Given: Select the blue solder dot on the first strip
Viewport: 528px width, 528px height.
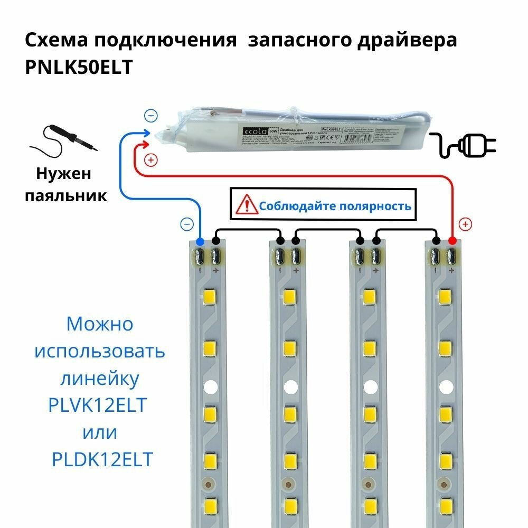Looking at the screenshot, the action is pyautogui.click(x=200, y=241).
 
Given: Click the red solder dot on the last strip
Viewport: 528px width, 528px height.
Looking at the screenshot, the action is pyautogui.click(x=452, y=241).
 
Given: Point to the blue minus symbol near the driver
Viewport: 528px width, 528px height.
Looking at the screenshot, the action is pyautogui.click(x=150, y=115).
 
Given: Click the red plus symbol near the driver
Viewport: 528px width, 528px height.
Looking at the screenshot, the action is pyautogui.click(x=150, y=159).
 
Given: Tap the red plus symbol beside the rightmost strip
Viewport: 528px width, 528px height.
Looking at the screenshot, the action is pyautogui.click(x=465, y=224).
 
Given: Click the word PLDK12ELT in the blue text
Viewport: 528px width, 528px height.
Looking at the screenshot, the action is pyautogui.click(x=102, y=459).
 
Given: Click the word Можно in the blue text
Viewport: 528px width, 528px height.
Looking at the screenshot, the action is pyautogui.click(x=100, y=323).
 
